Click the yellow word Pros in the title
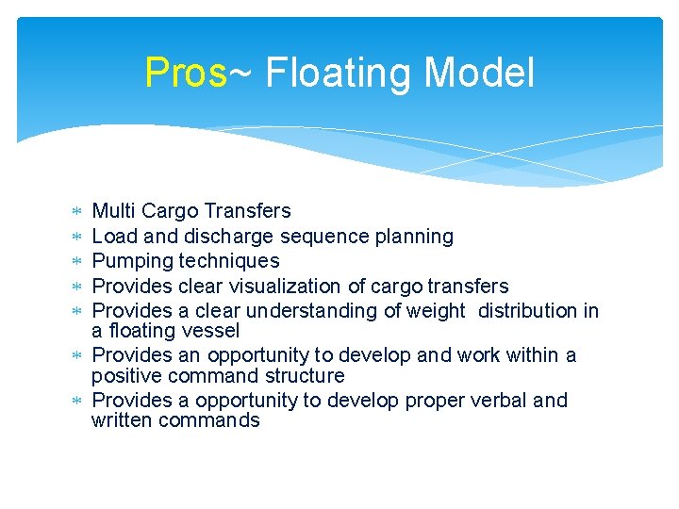[x=186, y=73]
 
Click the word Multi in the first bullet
[x=112, y=211]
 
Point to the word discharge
[x=225, y=237]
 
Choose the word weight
[x=435, y=311]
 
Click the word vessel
[x=213, y=331]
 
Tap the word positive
[x=127, y=376]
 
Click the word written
[x=122, y=420]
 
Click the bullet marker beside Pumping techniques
[x=77, y=261]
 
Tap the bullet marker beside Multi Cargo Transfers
[x=77, y=211]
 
